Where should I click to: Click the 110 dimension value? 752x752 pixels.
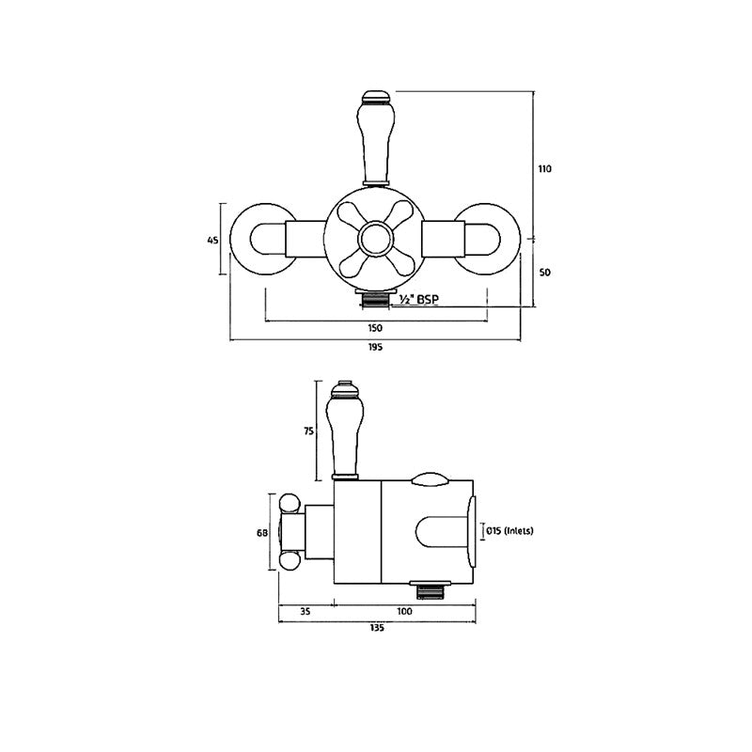tap(544, 169)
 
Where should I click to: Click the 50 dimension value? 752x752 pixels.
tap(544, 272)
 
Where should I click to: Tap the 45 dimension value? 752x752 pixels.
tap(211, 241)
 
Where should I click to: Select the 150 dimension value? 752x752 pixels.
tap(375, 328)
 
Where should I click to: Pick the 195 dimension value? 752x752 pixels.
tap(375, 347)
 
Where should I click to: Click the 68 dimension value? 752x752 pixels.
tap(261, 532)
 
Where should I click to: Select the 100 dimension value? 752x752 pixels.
tap(405, 612)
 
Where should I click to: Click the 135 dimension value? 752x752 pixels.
tap(378, 629)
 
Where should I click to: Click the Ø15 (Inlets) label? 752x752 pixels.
tap(509, 531)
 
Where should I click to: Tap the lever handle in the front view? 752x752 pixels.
tap(376, 136)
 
